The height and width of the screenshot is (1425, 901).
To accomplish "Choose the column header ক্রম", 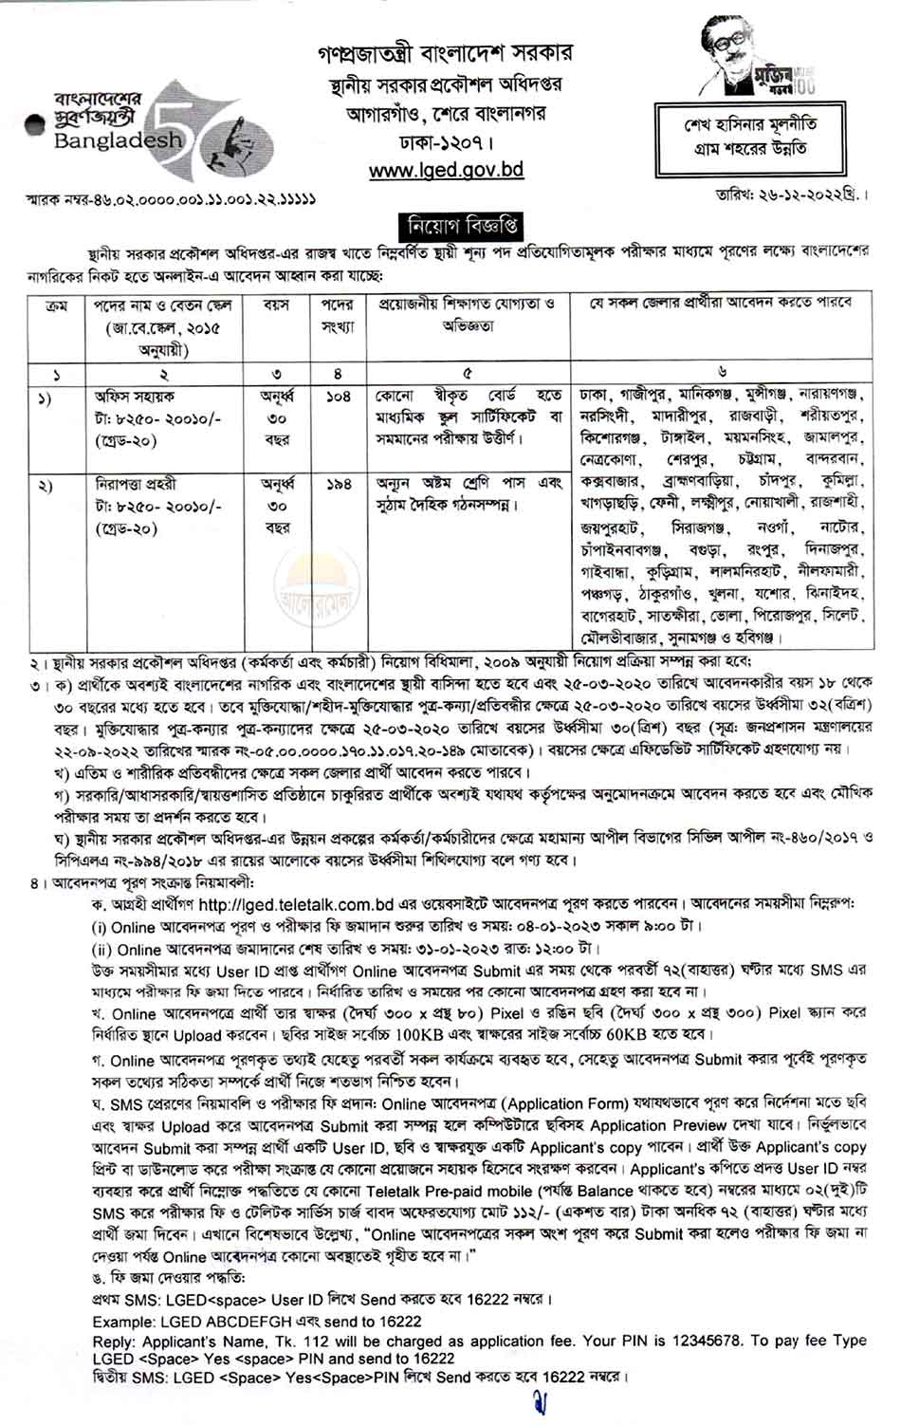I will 51,305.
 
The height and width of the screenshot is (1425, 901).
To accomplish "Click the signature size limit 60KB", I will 589,1033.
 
